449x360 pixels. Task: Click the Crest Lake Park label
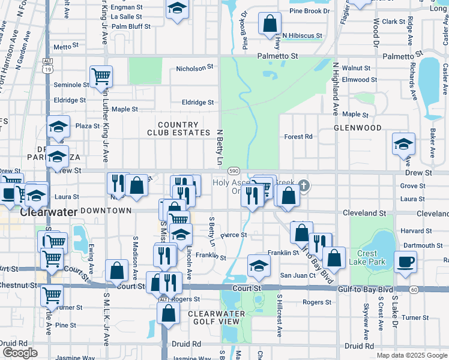point(376,257)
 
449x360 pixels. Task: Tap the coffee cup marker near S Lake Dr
point(405,262)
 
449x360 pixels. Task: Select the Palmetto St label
point(278,56)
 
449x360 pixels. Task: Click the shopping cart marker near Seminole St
point(101,76)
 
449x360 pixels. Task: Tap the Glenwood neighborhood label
point(358,128)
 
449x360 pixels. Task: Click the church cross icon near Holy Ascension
point(304,185)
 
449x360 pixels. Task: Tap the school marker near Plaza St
point(59,127)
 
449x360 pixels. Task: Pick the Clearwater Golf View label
point(216,317)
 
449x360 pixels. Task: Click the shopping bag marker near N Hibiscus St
point(270,24)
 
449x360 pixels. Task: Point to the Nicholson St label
point(194,69)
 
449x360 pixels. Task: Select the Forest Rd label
point(299,137)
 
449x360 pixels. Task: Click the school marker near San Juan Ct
point(259,266)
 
